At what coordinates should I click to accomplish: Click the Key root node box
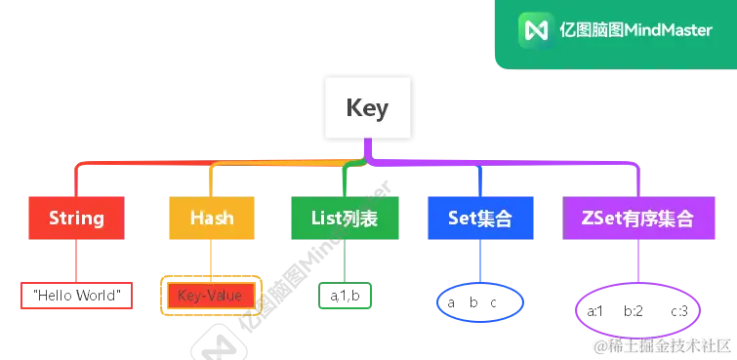click(x=367, y=107)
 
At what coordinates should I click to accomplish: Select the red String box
click(x=75, y=219)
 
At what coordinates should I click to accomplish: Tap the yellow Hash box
click(x=212, y=219)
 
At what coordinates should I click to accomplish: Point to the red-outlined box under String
click(x=75, y=295)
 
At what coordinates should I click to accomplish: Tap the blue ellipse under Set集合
click(x=480, y=304)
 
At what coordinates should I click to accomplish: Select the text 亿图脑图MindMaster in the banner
click(x=636, y=29)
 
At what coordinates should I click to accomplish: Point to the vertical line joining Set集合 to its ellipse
click(x=480, y=263)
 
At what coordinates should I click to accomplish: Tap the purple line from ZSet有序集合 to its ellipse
click(x=635, y=263)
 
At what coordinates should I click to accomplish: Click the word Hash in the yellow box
click(x=212, y=219)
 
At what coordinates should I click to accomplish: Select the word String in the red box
click(x=75, y=219)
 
